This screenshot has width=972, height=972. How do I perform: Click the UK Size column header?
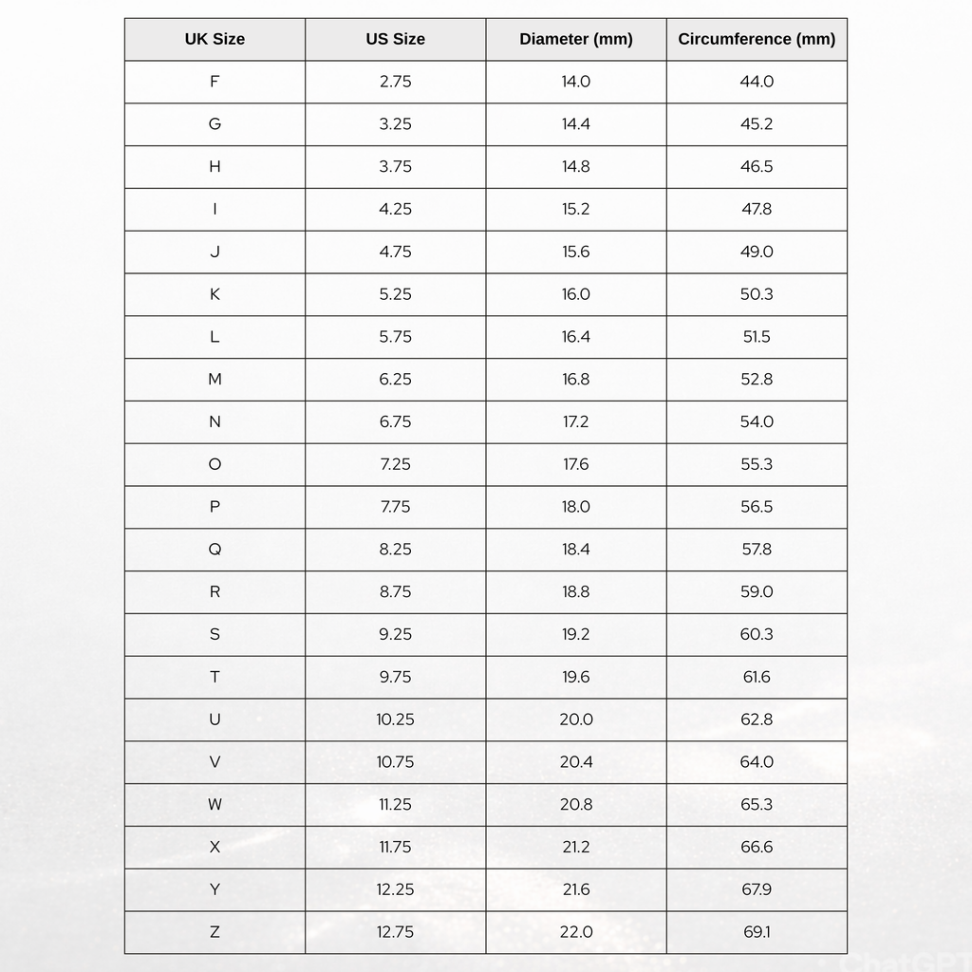click(x=215, y=39)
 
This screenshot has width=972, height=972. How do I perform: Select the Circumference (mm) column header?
click(x=757, y=39)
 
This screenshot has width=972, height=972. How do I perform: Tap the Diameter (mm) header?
click(x=576, y=39)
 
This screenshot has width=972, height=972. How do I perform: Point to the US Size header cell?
click(x=395, y=39)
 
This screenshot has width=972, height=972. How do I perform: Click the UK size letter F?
click(x=215, y=82)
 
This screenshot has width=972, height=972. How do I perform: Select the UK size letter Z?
click(x=215, y=932)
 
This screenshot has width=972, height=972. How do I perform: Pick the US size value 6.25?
click(x=395, y=380)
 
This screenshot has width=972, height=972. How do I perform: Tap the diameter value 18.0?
click(x=576, y=507)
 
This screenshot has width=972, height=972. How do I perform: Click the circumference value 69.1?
click(x=757, y=932)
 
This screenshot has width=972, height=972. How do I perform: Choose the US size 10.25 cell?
click(x=395, y=720)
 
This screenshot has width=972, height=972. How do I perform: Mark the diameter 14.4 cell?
click(x=576, y=124)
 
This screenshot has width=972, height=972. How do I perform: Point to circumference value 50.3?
click(x=757, y=294)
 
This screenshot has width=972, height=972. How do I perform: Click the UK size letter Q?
click(x=215, y=550)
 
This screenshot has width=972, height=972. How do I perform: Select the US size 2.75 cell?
click(x=395, y=82)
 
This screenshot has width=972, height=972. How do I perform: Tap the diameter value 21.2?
click(x=576, y=847)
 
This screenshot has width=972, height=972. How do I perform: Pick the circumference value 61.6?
click(x=757, y=677)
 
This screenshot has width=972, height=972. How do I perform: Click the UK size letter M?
click(x=215, y=380)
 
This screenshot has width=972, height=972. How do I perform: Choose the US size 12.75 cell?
click(x=395, y=932)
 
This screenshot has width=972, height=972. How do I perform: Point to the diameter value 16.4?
click(x=576, y=337)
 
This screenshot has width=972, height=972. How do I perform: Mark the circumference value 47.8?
click(x=757, y=209)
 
